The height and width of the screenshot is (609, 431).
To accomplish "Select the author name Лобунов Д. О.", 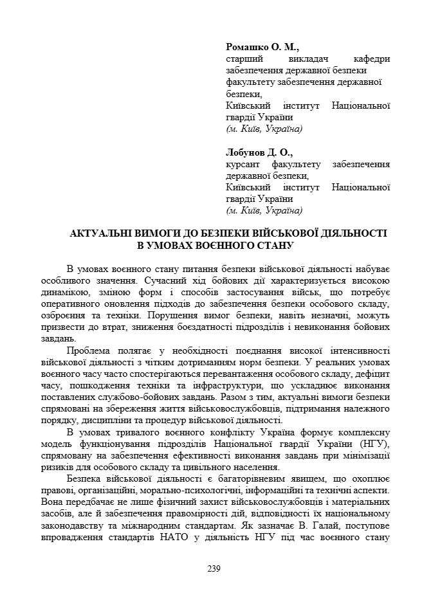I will click(x=259, y=153).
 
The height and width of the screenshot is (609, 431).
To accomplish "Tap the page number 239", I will click(x=214, y=568).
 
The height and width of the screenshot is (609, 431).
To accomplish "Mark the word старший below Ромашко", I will click(x=243, y=59).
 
